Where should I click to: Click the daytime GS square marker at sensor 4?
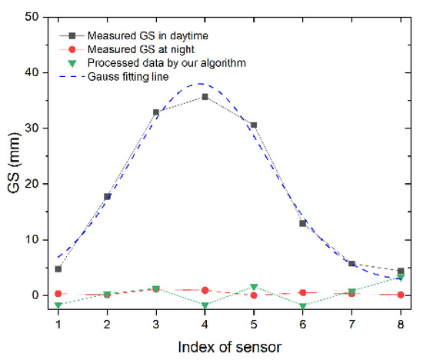pyautogui.click(x=205, y=97)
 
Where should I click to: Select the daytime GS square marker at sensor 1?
pyautogui.click(x=58, y=269)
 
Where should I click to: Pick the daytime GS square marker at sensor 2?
pyautogui.click(x=107, y=197)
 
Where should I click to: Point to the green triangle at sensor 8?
pyautogui.click(x=400, y=277)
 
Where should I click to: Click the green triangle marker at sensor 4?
pyautogui.click(x=205, y=305)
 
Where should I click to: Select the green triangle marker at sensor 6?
pyautogui.click(x=302, y=306)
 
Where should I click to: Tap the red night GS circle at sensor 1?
pyautogui.click(x=58, y=294)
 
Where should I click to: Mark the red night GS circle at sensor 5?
pyautogui.click(x=254, y=295)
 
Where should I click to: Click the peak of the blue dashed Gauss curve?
pyautogui.click(x=201, y=83)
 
